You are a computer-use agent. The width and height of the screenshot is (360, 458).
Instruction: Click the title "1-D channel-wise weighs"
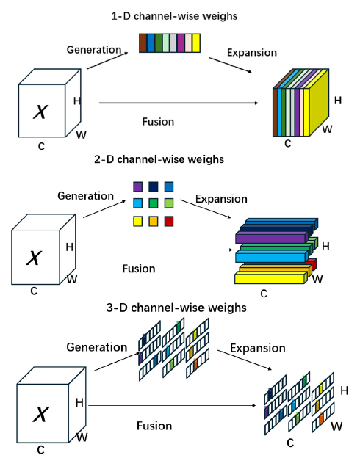pyautogui.click(x=174, y=16)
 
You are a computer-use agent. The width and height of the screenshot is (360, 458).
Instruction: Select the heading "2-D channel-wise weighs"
pyautogui.click(x=159, y=159)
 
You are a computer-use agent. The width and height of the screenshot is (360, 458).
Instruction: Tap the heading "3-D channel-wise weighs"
pyautogui.click(x=176, y=308)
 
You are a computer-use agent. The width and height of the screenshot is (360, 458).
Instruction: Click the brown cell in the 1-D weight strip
pyautogui.click(x=143, y=43)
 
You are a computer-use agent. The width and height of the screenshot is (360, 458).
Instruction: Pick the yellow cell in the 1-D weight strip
pyautogui.click(x=196, y=43)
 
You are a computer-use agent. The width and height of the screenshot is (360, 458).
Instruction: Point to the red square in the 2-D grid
pyautogui.click(x=169, y=221)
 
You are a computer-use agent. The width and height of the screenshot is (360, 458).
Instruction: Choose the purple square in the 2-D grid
pyautogui.click(x=137, y=186)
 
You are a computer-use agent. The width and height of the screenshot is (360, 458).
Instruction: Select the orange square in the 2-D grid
pyautogui.click(x=154, y=221)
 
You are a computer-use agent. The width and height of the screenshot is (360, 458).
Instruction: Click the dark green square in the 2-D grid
pyautogui.click(x=154, y=203)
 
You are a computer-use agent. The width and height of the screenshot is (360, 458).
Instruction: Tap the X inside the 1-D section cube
pyautogui.click(x=40, y=112)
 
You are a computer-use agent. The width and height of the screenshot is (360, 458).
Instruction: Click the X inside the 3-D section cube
pyautogui.click(x=40, y=414)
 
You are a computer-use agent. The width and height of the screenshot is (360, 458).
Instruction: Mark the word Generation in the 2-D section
pyautogui.click(x=86, y=196)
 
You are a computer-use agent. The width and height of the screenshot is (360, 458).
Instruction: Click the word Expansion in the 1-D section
pyautogui.click(x=252, y=53)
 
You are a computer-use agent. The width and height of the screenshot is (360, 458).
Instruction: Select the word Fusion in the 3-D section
pyautogui.click(x=154, y=426)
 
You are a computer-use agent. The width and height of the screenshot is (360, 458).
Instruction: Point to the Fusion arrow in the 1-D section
pyautogui.click(x=179, y=103)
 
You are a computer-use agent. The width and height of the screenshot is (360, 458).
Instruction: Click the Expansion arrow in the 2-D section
pyautogui.click(x=206, y=209)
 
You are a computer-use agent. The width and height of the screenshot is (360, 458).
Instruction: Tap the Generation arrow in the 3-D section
pyautogui.click(x=118, y=361)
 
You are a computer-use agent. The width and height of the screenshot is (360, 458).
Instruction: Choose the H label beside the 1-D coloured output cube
pyautogui.click(x=338, y=101)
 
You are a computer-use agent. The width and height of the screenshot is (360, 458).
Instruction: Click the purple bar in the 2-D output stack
pyautogui.click(x=272, y=238)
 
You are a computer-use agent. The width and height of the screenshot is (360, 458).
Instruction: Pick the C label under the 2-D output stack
pyautogui.click(x=264, y=294)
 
